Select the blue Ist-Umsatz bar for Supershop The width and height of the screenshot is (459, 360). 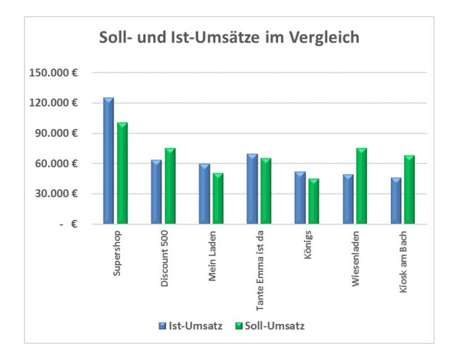pos(108,161)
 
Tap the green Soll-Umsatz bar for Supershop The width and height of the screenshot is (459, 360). pos(123,173)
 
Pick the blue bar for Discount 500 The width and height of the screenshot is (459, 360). pos(156,192)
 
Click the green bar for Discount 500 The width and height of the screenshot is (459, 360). pos(170,186)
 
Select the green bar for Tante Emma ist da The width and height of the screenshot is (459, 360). pos(266,191)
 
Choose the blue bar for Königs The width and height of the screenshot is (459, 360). pos(299,198)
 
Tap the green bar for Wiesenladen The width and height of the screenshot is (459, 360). pos(362,186)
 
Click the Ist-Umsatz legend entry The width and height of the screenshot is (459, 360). pos(191,326)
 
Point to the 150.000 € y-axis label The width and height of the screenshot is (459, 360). pos(53,73)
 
